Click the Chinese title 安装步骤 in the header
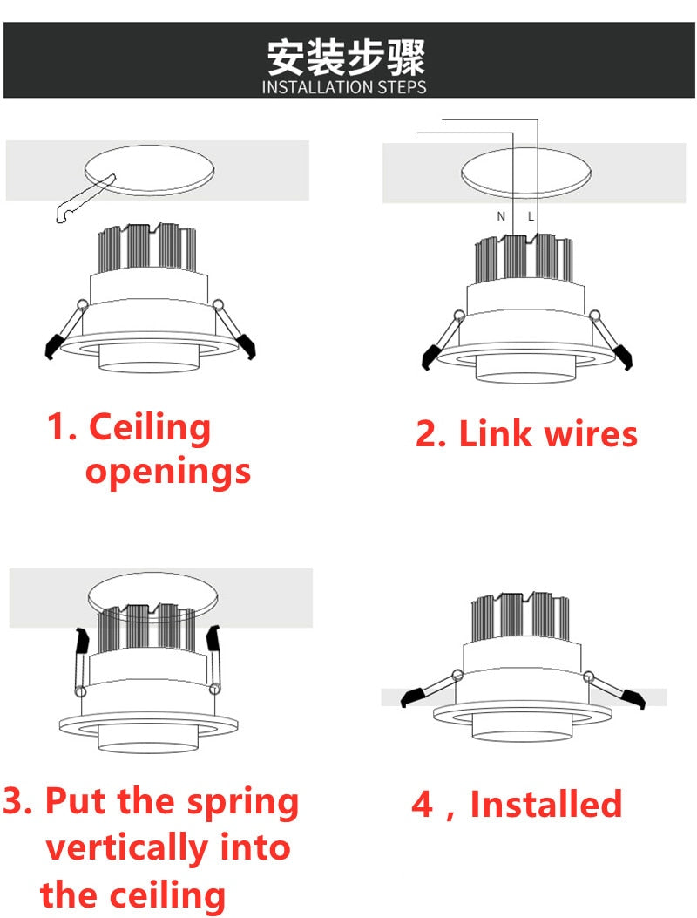point(345,57)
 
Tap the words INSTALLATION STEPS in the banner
point(345,87)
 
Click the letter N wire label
point(501,216)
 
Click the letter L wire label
point(531,216)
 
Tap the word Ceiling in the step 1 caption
point(150,427)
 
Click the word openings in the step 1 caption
point(167,472)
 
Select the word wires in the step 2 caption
point(587,433)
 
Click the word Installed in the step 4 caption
point(546,804)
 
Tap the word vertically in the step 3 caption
point(126,847)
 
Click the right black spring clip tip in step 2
point(622,357)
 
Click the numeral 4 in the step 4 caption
point(422,804)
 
